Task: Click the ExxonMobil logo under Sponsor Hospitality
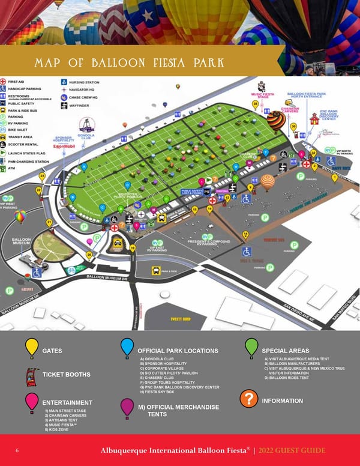click(x=63, y=146)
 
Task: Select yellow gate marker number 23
click(x=42, y=176)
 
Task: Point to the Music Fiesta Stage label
click(x=262, y=95)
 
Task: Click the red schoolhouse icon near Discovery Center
click(x=314, y=120)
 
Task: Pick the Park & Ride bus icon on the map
click(x=155, y=271)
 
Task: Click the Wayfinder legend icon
click(x=64, y=105)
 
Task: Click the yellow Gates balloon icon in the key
click(x=32, y=348)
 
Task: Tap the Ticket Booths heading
click(x=66, y=375)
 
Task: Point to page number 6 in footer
click(x=17, y=450)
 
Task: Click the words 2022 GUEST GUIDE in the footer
click(x=293, y=450)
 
